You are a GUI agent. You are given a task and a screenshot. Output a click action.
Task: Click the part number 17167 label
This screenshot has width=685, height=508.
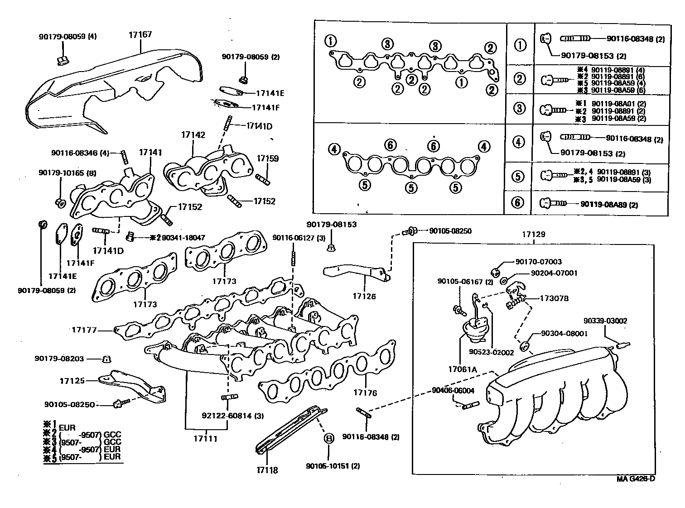tap(140, 34)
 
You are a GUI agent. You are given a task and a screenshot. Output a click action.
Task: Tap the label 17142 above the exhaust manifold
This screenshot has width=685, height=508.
tap(193, 135)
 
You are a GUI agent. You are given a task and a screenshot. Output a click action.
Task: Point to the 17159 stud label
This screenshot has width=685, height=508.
tap(268, 158)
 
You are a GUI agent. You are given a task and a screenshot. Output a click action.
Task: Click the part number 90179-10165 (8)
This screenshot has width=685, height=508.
tap(67, 173)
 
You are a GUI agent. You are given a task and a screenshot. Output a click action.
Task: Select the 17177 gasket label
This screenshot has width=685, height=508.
tap(84, 330)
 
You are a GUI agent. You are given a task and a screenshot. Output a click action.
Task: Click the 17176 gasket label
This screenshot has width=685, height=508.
tap(365, 393)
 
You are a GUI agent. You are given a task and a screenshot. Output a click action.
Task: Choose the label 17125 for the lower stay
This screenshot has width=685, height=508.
tap(72, 381)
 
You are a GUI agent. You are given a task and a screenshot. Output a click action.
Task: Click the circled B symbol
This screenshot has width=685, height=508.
tap(328, 438)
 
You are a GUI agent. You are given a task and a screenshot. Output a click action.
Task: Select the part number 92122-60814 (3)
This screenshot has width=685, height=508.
tap(233, 416)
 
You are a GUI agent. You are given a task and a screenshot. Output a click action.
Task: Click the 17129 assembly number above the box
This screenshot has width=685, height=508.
tap(533, 235)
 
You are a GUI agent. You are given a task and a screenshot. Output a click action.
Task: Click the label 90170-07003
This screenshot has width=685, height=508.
tap(538, 262)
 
